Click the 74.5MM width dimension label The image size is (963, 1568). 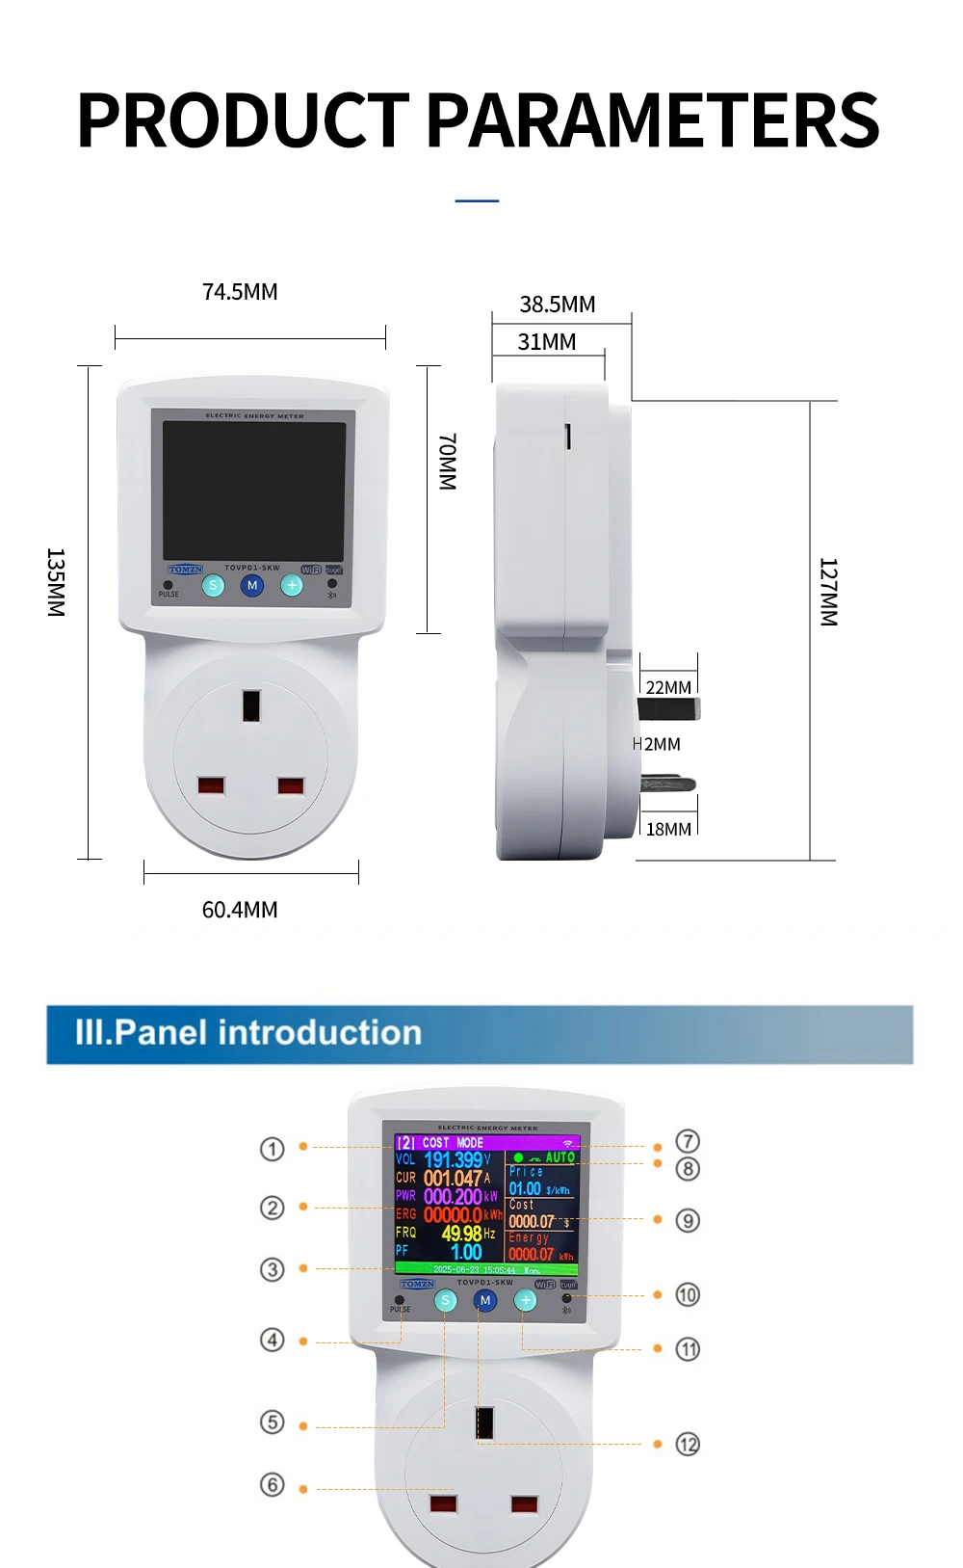240,292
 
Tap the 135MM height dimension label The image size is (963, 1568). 56,582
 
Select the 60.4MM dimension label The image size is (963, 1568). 240,910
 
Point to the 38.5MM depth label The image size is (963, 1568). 558,305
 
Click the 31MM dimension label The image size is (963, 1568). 547,342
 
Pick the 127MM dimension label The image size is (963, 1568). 828,592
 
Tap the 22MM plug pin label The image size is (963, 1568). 668,687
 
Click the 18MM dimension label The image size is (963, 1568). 668,829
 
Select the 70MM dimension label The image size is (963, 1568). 448,462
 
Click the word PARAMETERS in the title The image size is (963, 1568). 652,120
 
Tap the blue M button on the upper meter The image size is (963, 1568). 252,585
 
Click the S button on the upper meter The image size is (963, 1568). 214,585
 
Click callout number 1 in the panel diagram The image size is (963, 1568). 273,1149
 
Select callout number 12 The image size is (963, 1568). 688,1445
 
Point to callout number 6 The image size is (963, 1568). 273,1485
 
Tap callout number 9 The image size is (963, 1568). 688,1221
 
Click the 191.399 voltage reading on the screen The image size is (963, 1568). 454,1159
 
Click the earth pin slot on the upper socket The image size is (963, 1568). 251,704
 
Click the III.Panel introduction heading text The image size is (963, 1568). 248,1033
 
